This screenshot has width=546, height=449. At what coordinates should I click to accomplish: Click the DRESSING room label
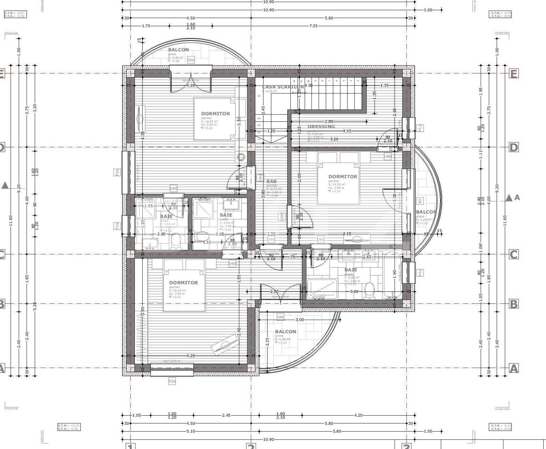tap(321, 126)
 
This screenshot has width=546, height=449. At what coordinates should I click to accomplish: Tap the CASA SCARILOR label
tap(283, 87)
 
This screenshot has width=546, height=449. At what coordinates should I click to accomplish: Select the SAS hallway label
tap(271, 181)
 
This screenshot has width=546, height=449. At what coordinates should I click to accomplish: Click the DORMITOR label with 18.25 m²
tap(215, 114)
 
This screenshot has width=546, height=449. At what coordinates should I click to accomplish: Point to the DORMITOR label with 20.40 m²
tap(183, 283)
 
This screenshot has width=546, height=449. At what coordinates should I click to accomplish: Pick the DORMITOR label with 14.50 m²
tap(343, 177)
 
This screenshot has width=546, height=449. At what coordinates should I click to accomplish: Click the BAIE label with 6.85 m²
tap(350, 270)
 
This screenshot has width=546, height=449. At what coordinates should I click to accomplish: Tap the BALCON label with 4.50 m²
tap(285, 331)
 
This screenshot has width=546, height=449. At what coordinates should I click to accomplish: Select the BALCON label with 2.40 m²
tap(178, 50)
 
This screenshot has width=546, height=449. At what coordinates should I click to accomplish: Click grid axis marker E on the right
tap(514, 73)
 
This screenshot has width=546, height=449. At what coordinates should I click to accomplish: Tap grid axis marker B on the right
tap(514, 304)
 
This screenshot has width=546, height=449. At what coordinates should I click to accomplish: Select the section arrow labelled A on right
tap(509, 198)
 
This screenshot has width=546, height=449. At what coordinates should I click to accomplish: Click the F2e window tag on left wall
tap(117, 173)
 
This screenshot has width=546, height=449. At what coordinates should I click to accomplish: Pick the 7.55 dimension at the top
tap(313, 26)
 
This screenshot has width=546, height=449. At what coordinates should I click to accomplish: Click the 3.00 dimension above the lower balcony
tap(299, 320)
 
